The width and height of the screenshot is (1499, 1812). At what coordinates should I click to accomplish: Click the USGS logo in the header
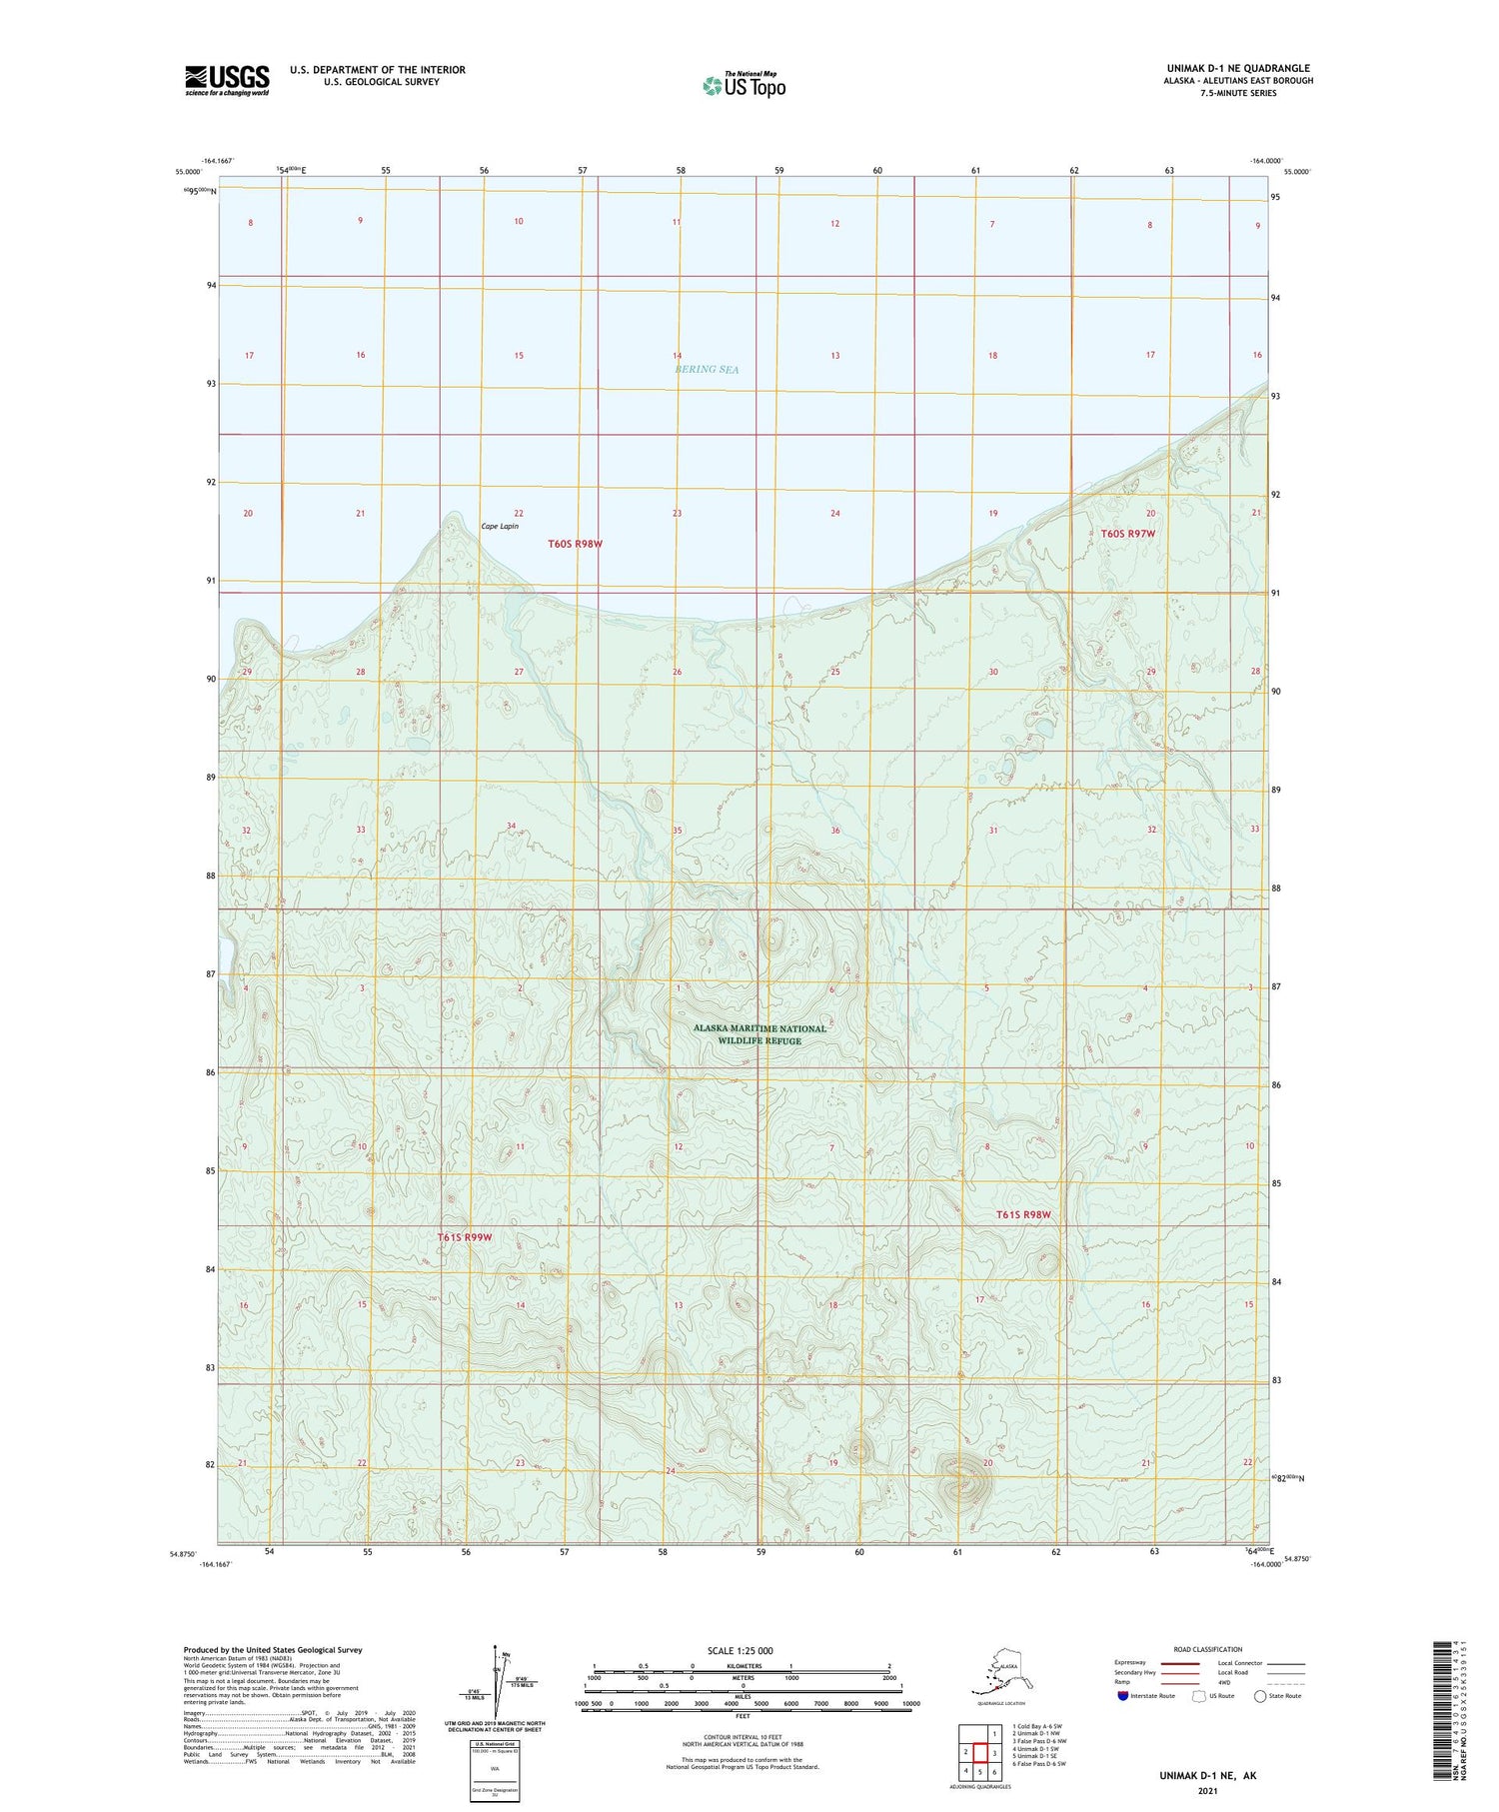click(227, 80)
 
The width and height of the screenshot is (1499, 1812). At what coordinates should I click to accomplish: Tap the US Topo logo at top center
click(744, 84)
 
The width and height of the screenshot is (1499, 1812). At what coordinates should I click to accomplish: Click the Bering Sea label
click(707, 369)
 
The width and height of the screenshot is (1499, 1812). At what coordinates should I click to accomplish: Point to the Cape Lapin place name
click(500, 526)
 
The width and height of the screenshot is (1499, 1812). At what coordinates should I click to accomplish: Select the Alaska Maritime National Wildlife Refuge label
click(760, 1034)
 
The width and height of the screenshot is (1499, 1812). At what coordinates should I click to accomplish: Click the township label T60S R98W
click(576, 544)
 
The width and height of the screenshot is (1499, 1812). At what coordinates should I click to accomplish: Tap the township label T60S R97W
click(1128, 534)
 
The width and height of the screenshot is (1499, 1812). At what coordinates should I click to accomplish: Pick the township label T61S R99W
click(465, 1237)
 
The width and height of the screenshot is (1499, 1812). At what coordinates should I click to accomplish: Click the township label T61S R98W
click(1023, 1214)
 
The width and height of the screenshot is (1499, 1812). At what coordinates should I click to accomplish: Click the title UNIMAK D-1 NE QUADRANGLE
click(1238, 68)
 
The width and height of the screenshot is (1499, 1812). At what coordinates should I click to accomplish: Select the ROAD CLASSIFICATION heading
click(1207, 1649)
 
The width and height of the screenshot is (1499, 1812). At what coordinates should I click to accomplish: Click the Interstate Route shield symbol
click(1123, 1696)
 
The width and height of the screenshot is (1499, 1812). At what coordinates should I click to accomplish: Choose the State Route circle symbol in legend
click(1260, 1696)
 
